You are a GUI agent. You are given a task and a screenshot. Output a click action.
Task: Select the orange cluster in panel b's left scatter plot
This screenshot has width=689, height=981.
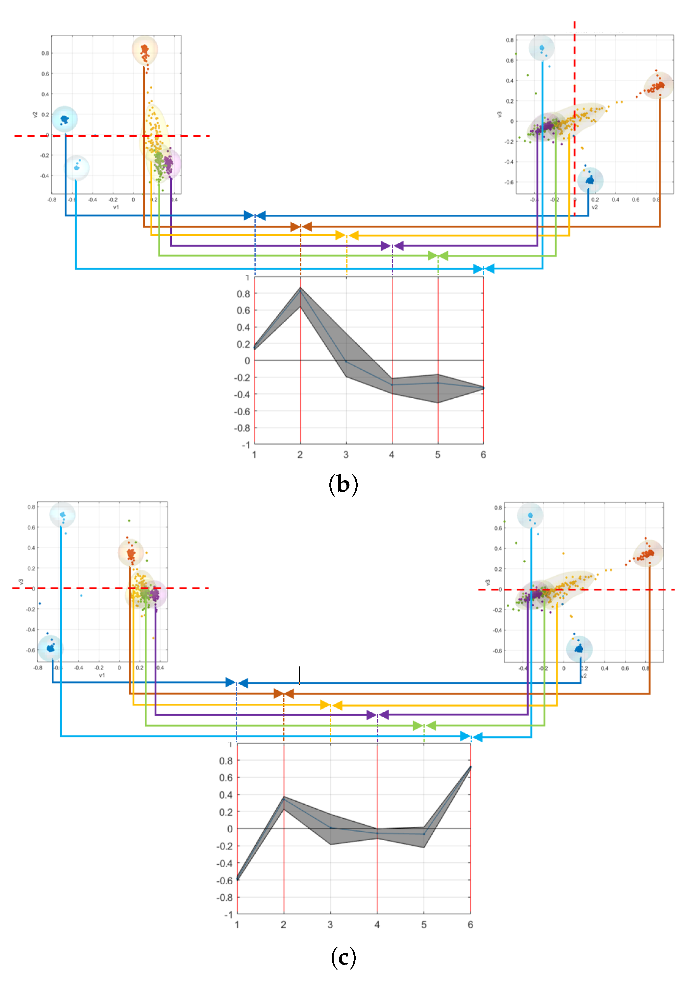pyautogui.click(x=144, y=50)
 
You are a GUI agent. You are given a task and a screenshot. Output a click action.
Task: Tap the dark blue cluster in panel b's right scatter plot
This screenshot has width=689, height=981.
pyautogui.click(x=590, y=180)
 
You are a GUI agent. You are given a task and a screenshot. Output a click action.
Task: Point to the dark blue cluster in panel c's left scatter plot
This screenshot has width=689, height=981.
pyautogui.click(x=50, y=648)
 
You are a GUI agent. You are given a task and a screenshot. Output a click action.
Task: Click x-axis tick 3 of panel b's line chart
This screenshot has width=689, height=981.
pyautogui.click(x=346, y=454)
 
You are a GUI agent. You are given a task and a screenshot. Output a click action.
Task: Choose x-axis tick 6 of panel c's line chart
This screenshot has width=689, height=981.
pyautogui.click(x=470, y=925)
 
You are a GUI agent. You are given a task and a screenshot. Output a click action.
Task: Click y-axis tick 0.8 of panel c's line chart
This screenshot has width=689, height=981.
pyautogui.click(x=226, y=761)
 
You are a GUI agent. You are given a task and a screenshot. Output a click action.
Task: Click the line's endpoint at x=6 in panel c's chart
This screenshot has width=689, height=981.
pyautogui.click(x=470, y=767)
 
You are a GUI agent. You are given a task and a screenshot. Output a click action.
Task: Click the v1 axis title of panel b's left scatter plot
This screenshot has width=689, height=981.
pyautogui.click(x=116, y=207)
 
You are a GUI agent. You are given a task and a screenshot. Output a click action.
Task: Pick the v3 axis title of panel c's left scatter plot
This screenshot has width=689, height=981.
pyautogui.click(x=20, y=582)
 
